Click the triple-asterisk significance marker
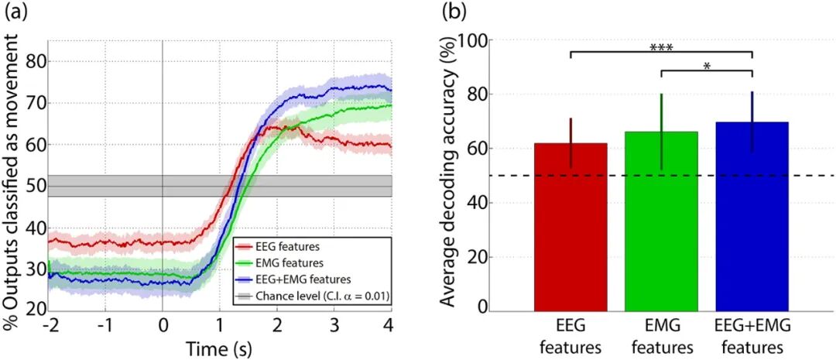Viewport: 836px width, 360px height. (x=661, y=47)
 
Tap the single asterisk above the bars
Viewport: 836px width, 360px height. (x=706, y=67)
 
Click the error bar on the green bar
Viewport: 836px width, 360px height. (x=661, y=132)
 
